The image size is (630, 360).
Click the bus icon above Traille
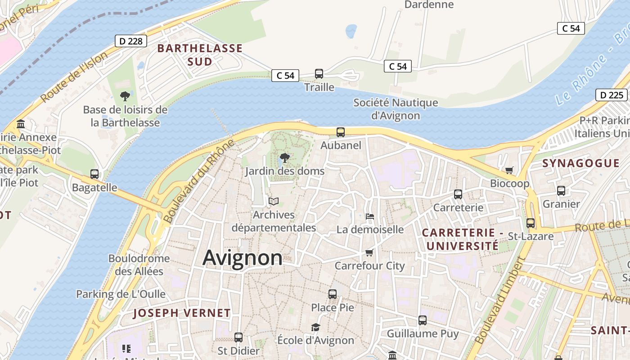point(319,74)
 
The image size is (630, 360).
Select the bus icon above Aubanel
point(341,132)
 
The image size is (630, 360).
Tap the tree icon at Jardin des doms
point(284,158)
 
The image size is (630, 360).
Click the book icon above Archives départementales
point(274,201)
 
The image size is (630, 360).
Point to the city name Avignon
point(243,258)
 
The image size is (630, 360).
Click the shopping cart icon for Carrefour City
point(369,252)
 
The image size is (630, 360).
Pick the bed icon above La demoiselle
point(370,216)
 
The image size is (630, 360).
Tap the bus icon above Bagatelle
point(94,174)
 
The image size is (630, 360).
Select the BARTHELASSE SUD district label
point(200,55)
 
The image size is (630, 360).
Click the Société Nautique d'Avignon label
point(396,109)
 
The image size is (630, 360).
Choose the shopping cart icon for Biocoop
point(509,170)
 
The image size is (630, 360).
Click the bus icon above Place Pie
point(333,294)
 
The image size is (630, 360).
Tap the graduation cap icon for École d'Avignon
point(315,327)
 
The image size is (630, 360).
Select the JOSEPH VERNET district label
point(182,313)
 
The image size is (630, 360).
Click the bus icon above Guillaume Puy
point(423,320)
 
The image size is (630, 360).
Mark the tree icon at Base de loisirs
point(125,96)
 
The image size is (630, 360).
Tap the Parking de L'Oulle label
point(121,294)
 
